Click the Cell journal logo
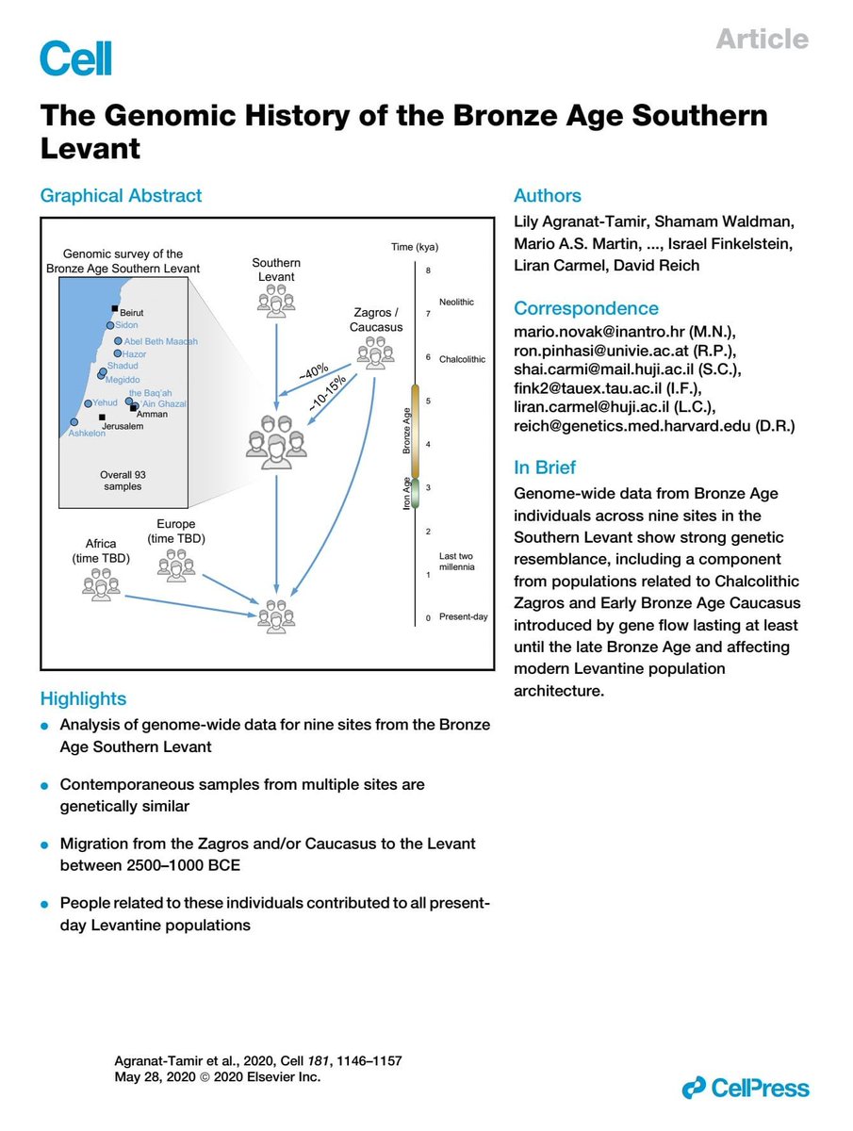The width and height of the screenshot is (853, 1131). (x=75, y=57)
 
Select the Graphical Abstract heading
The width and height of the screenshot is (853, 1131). (x=121, y=196)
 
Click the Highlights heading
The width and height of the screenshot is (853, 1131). (x=83, y=698)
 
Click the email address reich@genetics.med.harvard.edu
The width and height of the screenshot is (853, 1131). (x=655, y=425)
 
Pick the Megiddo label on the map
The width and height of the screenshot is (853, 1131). (x=123, y=379)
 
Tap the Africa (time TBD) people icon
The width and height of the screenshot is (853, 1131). (x=101, y=582)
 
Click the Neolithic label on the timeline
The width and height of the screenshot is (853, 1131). (x=456, y=302)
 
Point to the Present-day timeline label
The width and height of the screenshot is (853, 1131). (x=462, y=617)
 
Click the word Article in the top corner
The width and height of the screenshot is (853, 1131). (x=762, y=39)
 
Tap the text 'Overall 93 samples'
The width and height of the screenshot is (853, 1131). (x=122, y=481)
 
